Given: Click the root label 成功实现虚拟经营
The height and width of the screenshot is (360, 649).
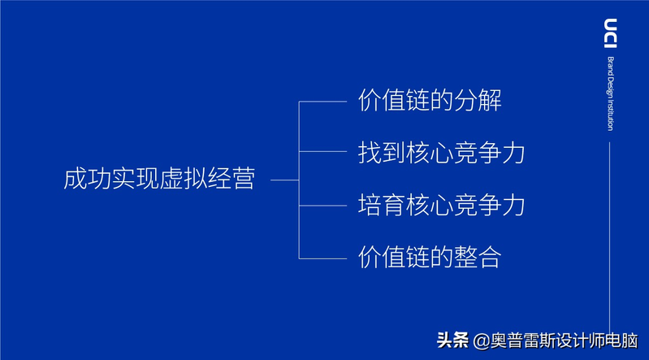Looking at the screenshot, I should [x=159, y=180].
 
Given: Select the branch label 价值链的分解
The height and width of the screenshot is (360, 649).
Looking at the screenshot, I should [x=430, y=102].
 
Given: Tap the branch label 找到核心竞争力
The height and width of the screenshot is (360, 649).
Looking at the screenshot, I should [x=442, y=153].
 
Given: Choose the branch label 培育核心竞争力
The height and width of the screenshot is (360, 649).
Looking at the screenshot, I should [x=442, y=206].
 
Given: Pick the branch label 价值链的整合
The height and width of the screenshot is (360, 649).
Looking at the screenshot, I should [x=430, y=258].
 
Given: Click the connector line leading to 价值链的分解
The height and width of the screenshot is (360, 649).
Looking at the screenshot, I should [x=324, y=102].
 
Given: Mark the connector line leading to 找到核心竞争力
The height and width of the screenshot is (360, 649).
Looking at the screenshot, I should [x=324, y=152].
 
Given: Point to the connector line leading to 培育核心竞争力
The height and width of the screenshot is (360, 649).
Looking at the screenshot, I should [x=324, y=206].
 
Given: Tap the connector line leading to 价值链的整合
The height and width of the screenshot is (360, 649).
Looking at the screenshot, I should [x=324, y=258].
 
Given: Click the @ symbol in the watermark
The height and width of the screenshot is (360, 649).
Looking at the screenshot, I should [x=482, y=341].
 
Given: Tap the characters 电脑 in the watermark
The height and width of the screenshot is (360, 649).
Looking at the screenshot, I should [x=621, y=341].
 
